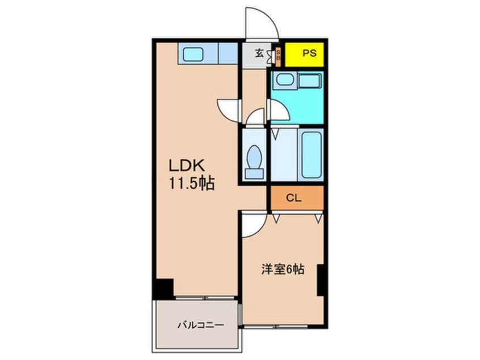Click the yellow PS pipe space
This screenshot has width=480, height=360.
click(304, 55)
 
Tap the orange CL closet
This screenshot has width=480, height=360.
click(295, 198)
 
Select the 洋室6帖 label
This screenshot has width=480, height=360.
click(283, 269)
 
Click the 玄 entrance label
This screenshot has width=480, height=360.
click(259, 54)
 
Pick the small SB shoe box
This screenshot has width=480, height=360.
click(278, 56)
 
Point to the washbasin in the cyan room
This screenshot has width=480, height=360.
click(283, 81)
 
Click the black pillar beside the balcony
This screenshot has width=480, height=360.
click(163, 288)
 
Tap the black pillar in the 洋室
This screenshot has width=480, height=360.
click(321, 279)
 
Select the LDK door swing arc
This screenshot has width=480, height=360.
click(228, 109)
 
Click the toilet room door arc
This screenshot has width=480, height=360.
click(255, 118)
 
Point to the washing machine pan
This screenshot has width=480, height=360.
click(310, 81)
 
